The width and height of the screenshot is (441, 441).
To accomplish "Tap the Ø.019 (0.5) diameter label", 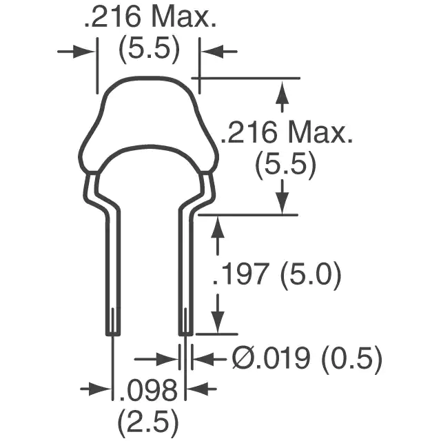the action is tap(307, 359).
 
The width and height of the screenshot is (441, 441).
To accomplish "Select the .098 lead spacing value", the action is tap(149, 391).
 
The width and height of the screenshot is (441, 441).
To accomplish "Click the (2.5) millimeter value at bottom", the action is tap(148, 422).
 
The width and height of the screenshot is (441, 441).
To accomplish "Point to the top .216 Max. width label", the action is tap(150, 17).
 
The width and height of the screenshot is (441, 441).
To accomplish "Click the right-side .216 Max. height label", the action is tap(287, 132).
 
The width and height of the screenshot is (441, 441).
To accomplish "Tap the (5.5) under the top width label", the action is tap(150, 49).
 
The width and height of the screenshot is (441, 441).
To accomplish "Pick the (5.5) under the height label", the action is tap(286, 165).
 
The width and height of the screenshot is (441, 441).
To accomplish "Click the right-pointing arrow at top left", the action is tap(76, 52).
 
